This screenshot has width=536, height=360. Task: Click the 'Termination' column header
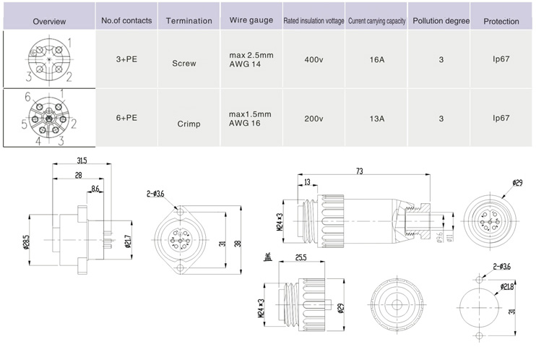(x=189, y=21)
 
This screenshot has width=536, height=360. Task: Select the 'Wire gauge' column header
(x=251, y=20)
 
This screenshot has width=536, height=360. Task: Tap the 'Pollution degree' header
(x=441, y=21)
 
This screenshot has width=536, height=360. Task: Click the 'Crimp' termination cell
(x=189, y=124)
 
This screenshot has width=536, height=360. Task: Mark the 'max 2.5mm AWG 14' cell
(x=250, y=59)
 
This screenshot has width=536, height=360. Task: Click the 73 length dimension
(x=359, y=171)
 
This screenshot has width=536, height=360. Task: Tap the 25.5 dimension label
(x=301, y=257)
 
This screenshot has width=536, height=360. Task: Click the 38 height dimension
(x=238, y=243)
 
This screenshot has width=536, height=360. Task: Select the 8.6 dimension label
(x=95, y=189)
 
